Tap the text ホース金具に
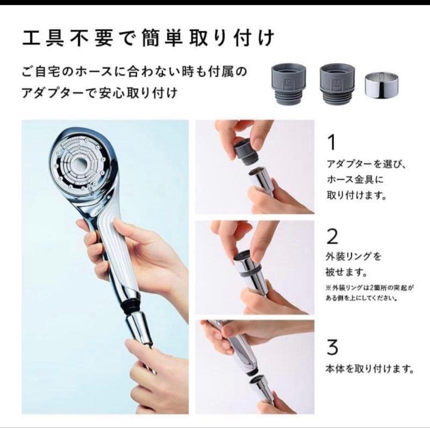(x=349, y=180)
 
